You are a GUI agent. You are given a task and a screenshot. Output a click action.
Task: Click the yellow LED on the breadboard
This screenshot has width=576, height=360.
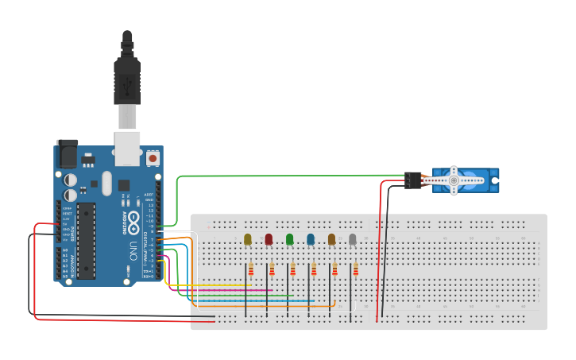point(248,239)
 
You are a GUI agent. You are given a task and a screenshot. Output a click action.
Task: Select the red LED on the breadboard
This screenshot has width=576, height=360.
point(269,239)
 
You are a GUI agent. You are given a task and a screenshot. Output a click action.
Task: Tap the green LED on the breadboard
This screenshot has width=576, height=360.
point(290,239)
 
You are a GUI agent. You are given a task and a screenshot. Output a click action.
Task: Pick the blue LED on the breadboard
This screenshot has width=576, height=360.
point(311,239)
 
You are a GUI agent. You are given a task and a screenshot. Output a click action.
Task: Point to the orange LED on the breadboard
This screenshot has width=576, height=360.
point(331,239)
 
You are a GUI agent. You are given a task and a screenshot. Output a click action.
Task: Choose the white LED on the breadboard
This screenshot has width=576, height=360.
point(353,239)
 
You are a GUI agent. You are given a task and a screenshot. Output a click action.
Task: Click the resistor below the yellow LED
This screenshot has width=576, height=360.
point(251,270)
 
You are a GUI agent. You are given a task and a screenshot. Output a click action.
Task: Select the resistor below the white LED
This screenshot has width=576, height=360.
point(355,270)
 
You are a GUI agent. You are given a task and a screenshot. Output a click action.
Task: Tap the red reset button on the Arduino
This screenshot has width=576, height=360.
point(153,159)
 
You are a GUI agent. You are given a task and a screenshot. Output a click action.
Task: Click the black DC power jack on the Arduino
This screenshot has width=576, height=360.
point(67,154)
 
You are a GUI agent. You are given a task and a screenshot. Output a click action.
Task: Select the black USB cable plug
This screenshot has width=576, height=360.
point(127,79)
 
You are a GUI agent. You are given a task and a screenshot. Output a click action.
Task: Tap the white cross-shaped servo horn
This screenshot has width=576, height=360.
point(454,180)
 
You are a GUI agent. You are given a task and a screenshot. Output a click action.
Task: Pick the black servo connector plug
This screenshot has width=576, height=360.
point(412,180)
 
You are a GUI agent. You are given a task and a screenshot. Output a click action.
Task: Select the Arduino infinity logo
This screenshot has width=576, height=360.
point(134,218)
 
